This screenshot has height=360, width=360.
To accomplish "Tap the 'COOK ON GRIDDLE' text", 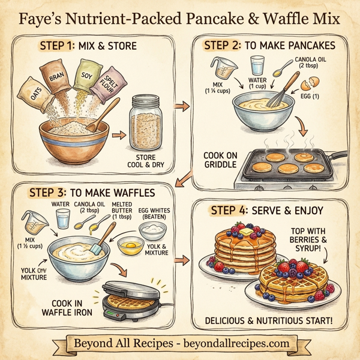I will click(220, 161).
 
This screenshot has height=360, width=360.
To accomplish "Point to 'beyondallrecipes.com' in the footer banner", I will click(231, 344).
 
